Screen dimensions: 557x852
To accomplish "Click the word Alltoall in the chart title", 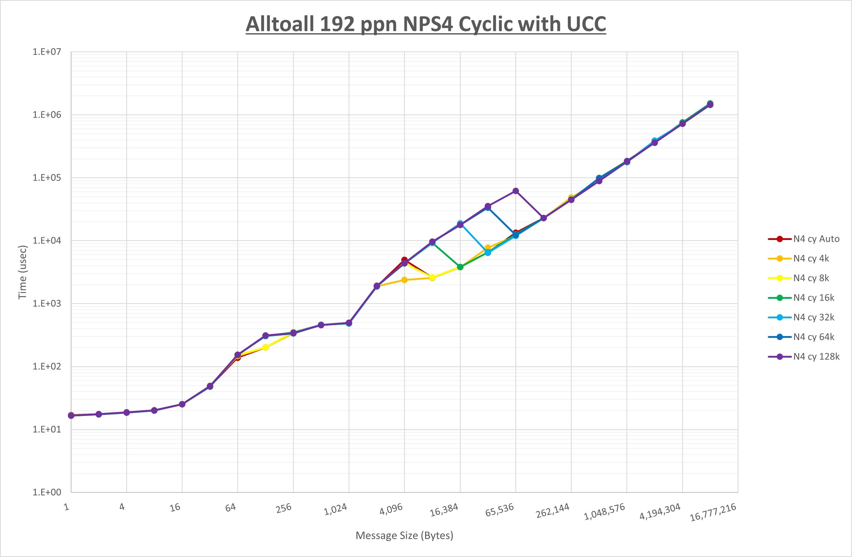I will tap(280, 24).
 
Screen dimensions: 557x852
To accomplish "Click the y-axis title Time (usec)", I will tap(23, 272).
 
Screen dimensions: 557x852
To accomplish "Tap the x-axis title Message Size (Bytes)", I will tap(404, 535).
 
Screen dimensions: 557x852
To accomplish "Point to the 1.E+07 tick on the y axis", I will tap(47, 52).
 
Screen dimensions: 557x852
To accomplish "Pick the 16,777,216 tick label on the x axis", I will tap(713, 512).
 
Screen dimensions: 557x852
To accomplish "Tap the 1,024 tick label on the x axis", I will tap(335, 509).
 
